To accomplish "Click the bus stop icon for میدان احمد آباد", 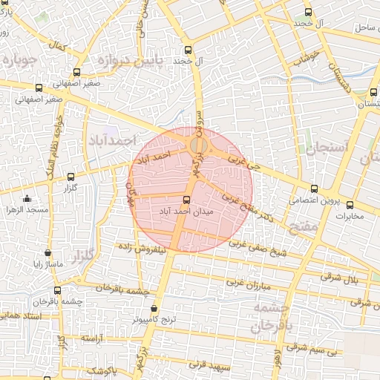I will point(186,199).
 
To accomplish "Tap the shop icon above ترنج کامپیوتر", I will point(154,308).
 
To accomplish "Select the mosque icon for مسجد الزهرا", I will point(27,199).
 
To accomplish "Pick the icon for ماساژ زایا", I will point(48,252).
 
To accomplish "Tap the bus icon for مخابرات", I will point(350,205).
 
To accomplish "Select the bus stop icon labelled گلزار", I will point(71,177).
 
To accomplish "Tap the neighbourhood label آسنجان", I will point(321,147).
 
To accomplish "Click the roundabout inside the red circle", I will point(199,145).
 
